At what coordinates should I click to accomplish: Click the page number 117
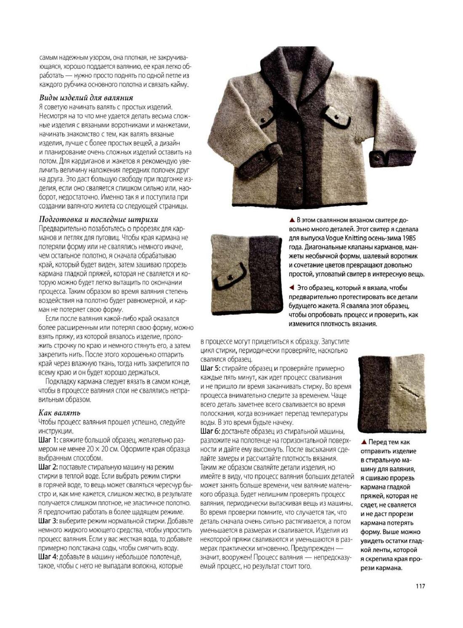[x=419, y=586]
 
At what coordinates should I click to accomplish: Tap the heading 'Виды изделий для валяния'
[x=86, y=98]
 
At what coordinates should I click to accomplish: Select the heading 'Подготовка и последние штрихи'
[x=98, y=219]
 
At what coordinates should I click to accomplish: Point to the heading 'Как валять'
[x=59, y=412]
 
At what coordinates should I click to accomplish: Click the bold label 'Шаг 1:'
[x=48, y=440]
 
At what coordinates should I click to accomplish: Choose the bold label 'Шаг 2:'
[x=48, y=467]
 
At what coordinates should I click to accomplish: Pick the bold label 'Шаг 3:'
[x=48, y=521]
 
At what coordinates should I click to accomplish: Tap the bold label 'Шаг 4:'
[x=48, y=557]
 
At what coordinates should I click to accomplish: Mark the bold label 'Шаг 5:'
[x=210, y=369]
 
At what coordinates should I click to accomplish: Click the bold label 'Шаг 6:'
[x=210, y=431]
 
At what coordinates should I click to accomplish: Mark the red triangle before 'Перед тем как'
[x=364, y=442]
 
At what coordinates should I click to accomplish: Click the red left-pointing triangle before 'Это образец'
[x=291, y=288]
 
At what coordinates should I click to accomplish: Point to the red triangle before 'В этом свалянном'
[x=291, y=220]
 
